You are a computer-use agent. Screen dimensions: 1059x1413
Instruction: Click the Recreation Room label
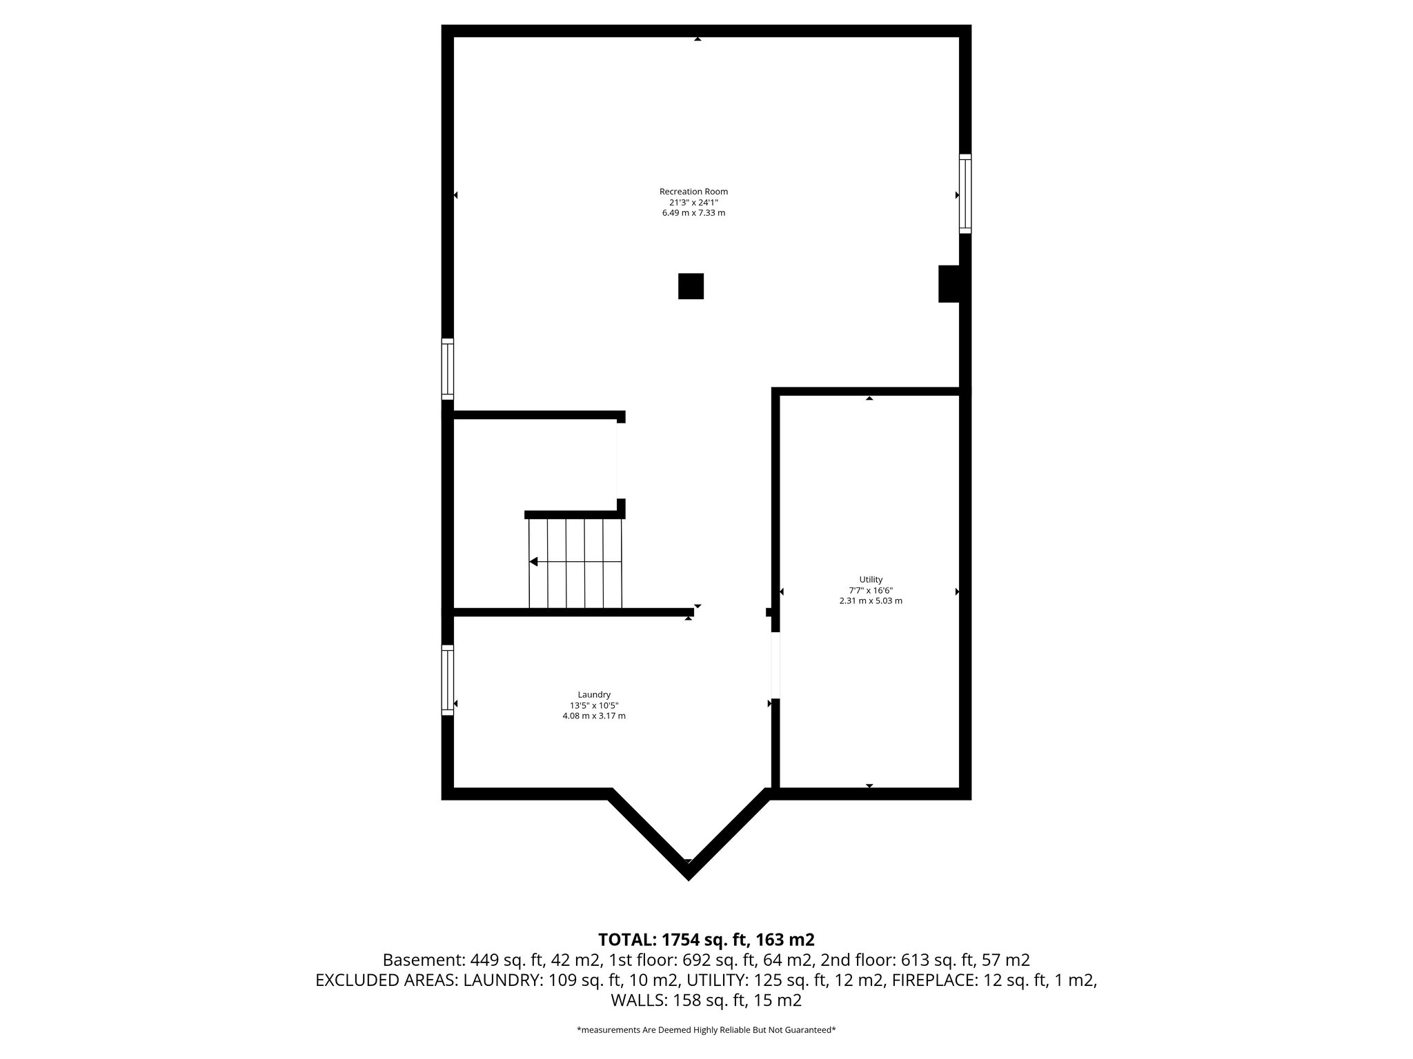[693, 192]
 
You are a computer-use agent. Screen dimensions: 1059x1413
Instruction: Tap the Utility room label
[871, 580]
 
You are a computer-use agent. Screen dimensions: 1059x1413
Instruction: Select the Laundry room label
[594, 694]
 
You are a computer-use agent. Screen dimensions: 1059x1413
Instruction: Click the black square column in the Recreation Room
[691, 286]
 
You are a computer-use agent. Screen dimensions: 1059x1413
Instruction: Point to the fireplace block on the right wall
[949, 283]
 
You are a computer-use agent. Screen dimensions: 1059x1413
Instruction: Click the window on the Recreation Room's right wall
[965, 194]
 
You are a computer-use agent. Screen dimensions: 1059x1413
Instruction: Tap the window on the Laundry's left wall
[448, 680]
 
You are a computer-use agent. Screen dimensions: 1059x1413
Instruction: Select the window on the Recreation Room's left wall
[448, 369]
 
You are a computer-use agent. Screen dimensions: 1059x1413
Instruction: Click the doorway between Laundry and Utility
[775, 665]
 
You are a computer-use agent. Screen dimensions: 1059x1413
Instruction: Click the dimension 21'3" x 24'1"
[693, 203]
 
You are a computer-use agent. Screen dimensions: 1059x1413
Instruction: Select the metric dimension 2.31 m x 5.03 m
[871, 601]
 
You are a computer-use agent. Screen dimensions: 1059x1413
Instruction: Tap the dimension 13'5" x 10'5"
[594, 705]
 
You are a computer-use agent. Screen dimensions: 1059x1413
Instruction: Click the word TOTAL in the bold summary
[626, 940]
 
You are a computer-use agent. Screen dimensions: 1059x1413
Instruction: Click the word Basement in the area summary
[422, 960]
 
